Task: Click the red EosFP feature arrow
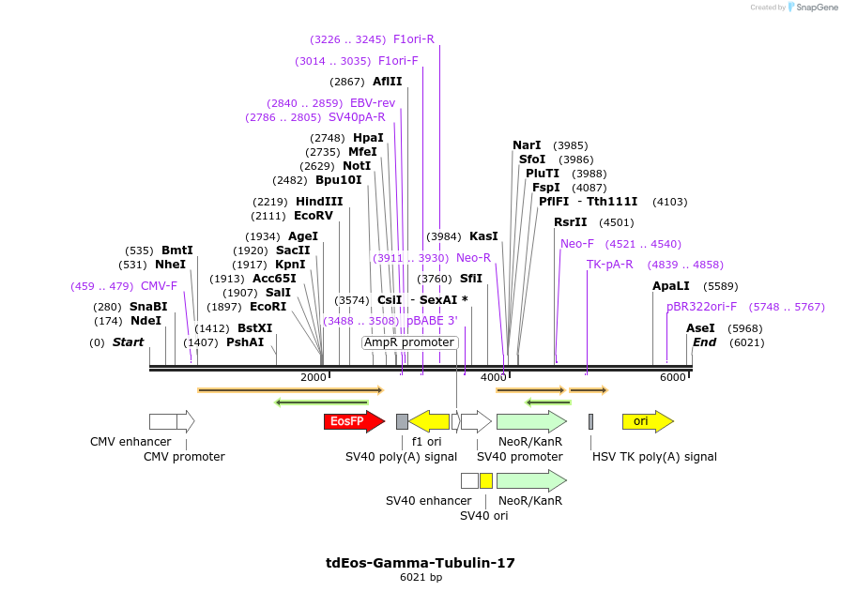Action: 353,421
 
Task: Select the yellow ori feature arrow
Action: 647,421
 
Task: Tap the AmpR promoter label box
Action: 409,342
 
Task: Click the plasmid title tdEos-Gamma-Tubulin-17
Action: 421,563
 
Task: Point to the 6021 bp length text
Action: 421,577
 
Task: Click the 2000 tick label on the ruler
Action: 314,377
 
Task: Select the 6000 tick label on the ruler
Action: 672,377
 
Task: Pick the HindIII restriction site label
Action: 319,202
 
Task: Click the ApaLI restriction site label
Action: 671,286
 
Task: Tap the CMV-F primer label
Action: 159,286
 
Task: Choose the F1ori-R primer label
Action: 414,39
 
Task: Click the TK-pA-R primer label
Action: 610,265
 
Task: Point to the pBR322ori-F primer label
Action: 702,307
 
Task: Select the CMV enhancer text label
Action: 130,441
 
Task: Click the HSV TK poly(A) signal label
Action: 654,457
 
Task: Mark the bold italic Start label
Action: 128,342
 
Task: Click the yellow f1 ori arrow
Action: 429,421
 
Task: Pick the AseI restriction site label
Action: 700,328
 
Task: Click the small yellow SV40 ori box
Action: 485,480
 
